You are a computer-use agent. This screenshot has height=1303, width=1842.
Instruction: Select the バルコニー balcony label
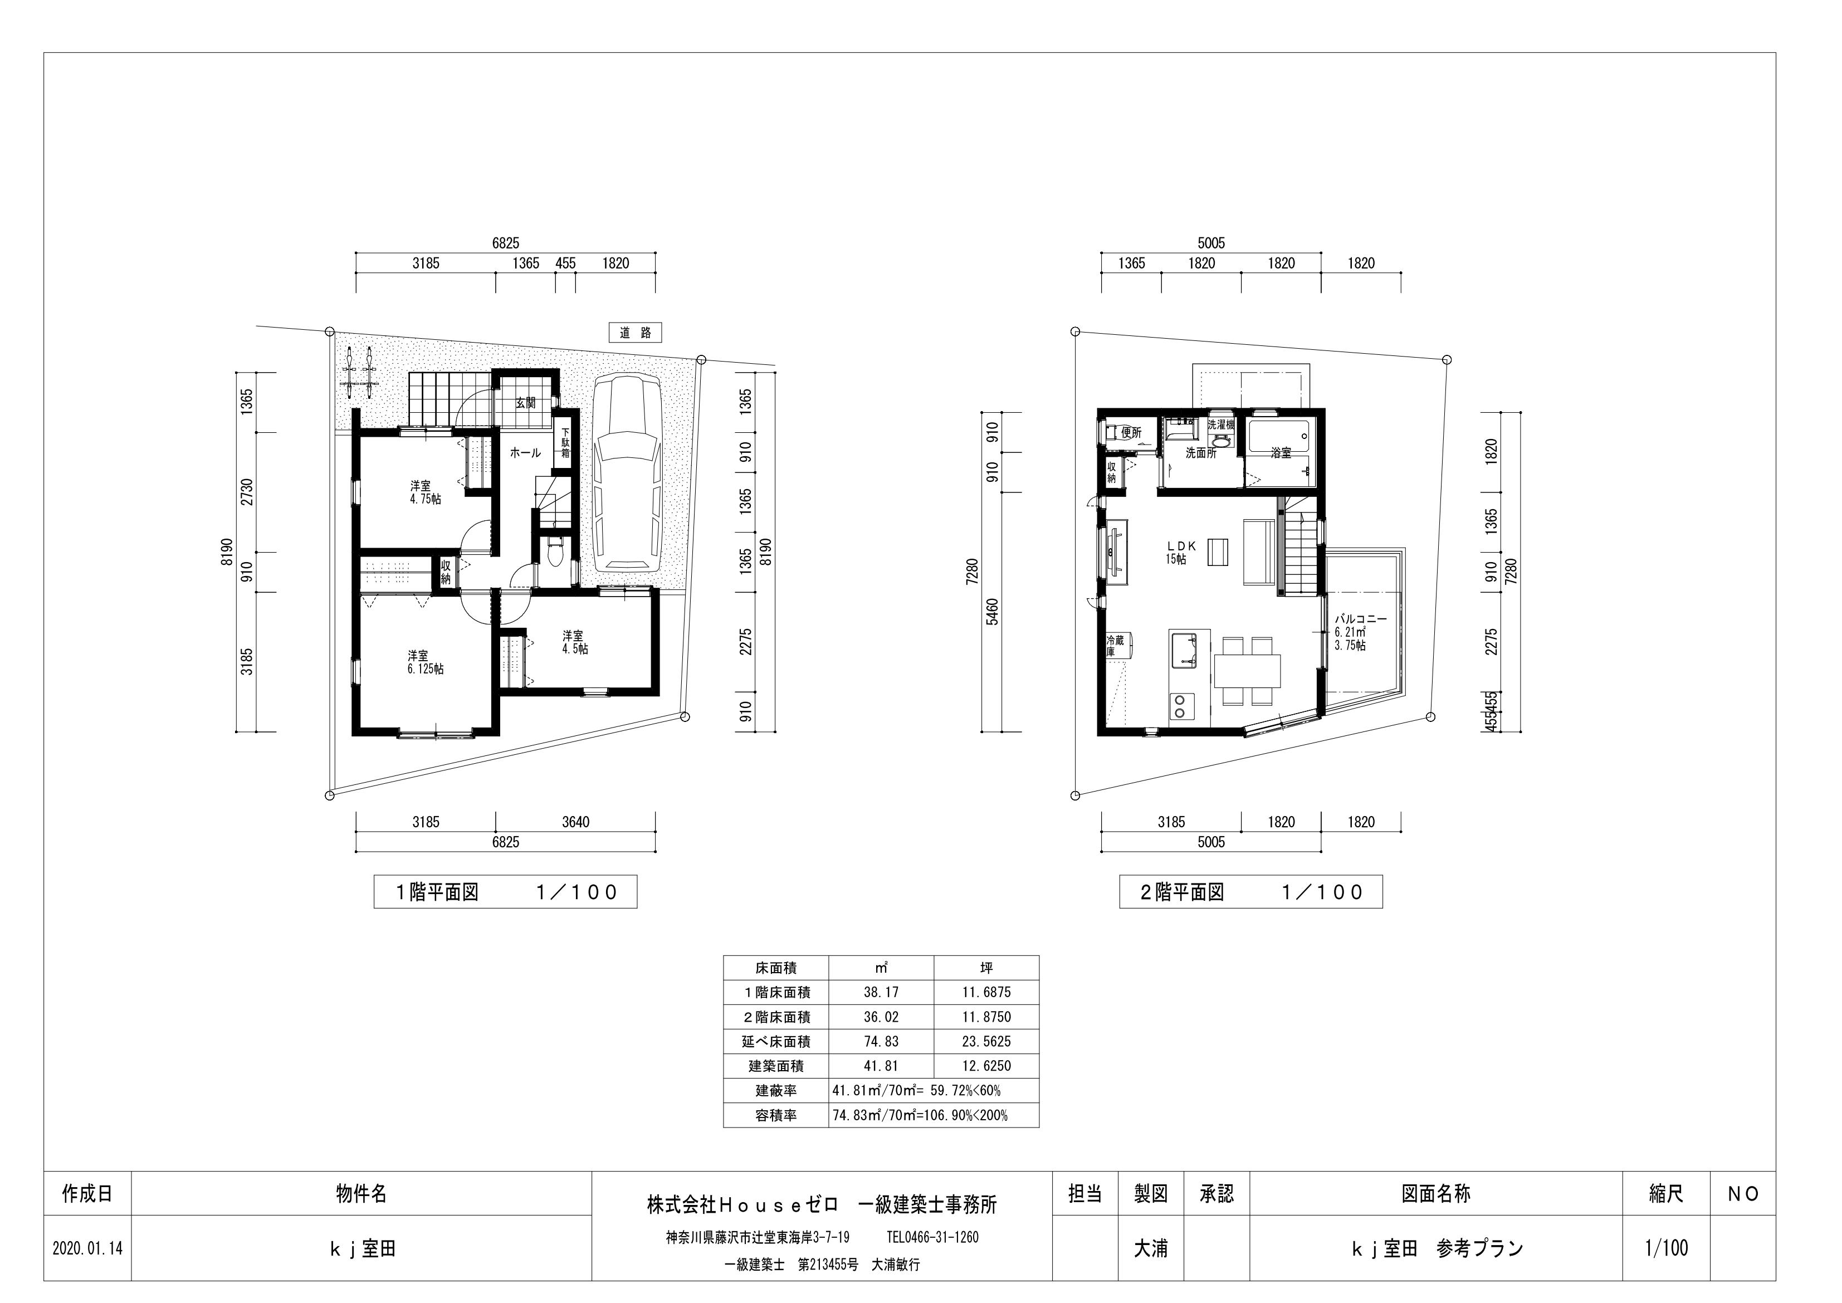(x=1361, y=632)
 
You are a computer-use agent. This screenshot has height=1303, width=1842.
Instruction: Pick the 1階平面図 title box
(x=505, y=892)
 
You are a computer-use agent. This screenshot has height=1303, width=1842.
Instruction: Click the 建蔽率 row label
(x=776, y=1091)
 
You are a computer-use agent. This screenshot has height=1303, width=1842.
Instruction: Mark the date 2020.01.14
(x=87, y=1250)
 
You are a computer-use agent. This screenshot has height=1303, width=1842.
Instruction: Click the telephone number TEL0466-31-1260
(x=933, y=1237)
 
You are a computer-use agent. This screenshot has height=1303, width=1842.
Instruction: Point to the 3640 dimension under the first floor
(x=575, y=822)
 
